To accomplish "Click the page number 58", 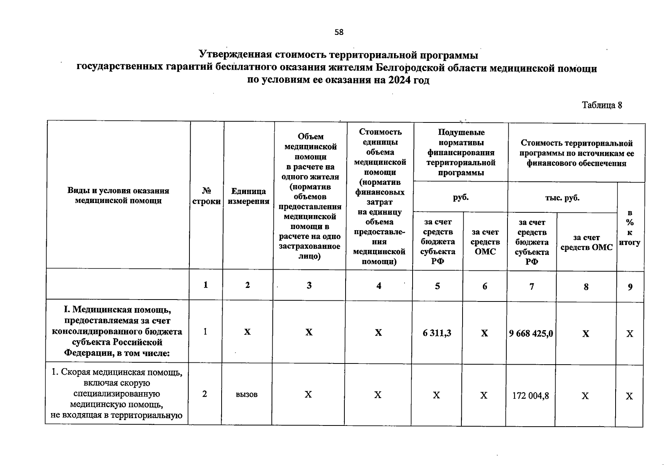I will pyautogui.click(x=339, y=32).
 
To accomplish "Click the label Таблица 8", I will pyautogui.click(x=602, y=105).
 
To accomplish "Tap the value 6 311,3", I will pyautogui.click(x=437, y=333).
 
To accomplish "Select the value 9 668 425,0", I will pyautogui.click(x=531, y=333).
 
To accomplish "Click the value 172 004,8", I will pyautogui.click(x=531, y=396).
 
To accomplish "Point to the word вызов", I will pyautogui.click(x=246, y=394).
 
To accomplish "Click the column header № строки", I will pyautogui.click(x=206, y=196).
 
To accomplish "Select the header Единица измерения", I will pyautogui.click(x=248, y=196).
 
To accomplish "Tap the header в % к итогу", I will pyautogui.click(x=630, y=227).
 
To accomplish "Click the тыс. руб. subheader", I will pyautogui.click(x=562, y=198).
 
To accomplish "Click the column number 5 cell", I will pyautogui.click(x=437, y=286).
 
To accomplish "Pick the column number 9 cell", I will pyautogui.click(x=630, y=287).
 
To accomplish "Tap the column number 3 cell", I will pyautogui.click(x=309, y=286).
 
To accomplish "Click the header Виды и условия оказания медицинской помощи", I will pyautogui.click(x=118, y=195).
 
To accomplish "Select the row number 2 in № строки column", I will pyautogui.click(x=205, y=394).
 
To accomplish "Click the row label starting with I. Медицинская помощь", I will pyautogui.click(x=117, y=331).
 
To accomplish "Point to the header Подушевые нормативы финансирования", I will pyautogui.click(x=461, y=152).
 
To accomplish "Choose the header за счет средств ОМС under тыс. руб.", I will pyautogui.click(x=586, y=242).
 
